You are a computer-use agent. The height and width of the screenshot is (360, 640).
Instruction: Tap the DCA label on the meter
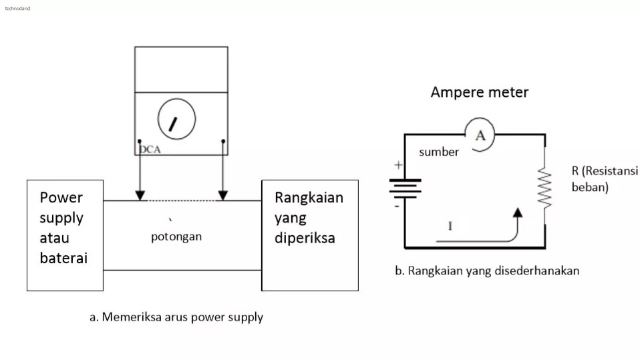point(150,150)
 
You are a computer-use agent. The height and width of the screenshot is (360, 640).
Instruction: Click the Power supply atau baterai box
point(65,235)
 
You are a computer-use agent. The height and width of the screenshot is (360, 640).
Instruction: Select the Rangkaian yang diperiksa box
point(309,235)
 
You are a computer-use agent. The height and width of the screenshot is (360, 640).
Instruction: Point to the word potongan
point(176,236)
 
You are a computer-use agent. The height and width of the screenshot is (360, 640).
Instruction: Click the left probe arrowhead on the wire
point(140,195)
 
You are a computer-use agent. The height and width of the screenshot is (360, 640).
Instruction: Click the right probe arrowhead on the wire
point(223,195)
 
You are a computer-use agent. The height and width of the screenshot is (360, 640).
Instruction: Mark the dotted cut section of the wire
point(181,200)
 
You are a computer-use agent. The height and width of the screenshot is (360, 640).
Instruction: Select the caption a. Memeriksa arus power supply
point(176,317)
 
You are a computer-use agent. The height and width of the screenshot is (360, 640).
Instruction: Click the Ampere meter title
point(479,92)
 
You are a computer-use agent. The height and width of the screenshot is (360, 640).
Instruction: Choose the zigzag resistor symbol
point(545,188)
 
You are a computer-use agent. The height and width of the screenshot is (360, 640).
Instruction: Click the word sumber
point(439,152)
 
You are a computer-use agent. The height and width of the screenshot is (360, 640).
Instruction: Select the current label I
point(450,226)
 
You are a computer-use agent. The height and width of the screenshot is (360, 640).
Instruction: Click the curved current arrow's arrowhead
point(516,213)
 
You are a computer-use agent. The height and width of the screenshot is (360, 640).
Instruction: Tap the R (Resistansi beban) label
point(605,179)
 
